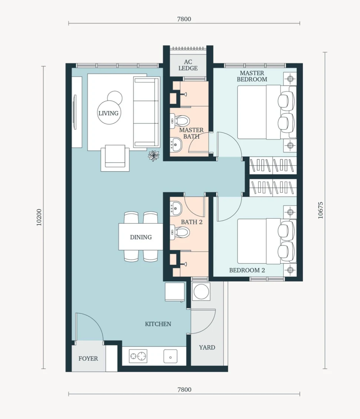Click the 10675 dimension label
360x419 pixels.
(320, 210)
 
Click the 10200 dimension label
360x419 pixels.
(39, 217)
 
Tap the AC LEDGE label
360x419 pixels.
(188, 65)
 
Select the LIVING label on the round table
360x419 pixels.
(109, 113)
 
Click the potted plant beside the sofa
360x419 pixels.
(153, 155)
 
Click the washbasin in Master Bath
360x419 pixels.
(176, 144)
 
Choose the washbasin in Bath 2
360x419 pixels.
(176, 208)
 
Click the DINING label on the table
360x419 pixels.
(141, 237)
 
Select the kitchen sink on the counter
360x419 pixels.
(170, 356)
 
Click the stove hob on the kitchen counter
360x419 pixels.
(138, 356)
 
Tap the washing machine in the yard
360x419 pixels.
(201, 291)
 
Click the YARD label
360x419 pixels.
(207, 347)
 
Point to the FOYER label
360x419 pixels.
(88, 358)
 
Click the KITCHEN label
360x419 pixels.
(158, 324)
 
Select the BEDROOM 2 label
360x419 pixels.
(247, 270)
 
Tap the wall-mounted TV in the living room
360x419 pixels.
(75, 112)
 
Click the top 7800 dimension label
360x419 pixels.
(184, 19)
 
